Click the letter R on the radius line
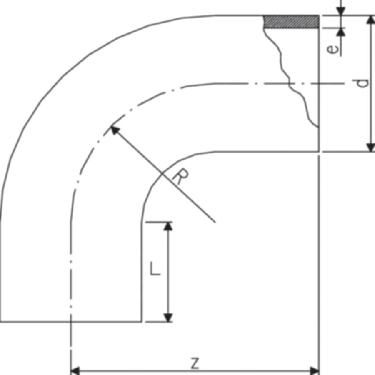click(180, 177)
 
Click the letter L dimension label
click(155, 268)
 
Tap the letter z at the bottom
click(195, 363)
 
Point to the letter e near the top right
click(332, 49)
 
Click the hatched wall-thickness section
click(291, 22)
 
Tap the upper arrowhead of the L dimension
click(168, 226)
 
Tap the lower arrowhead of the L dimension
click(168, 317)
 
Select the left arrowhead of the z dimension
click(75, 371)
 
